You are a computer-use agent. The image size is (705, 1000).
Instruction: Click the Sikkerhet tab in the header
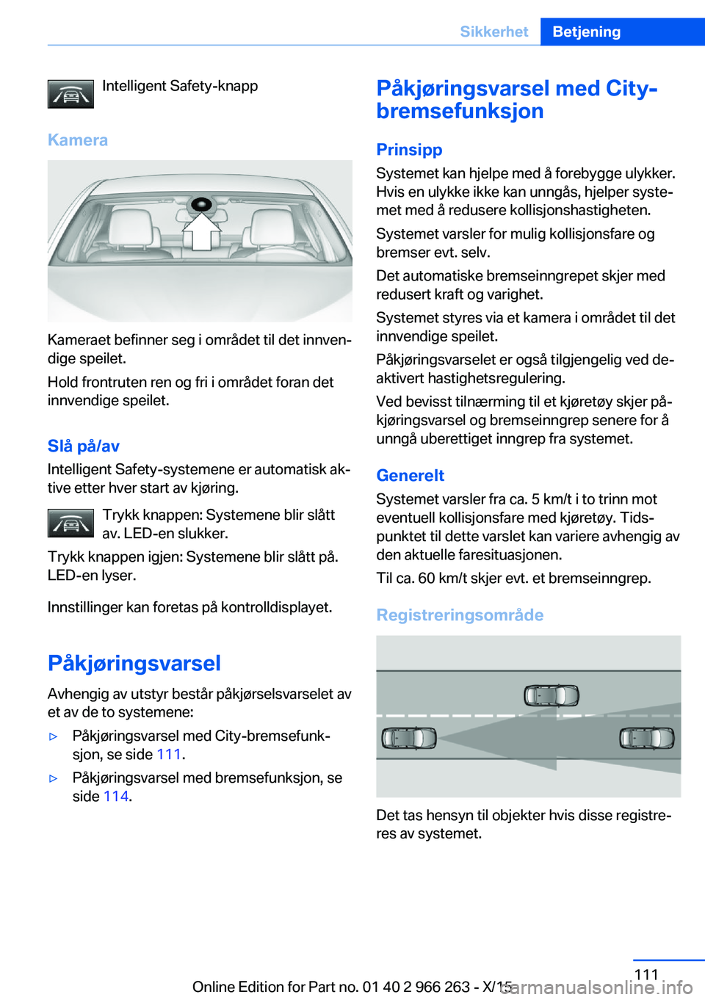coord(493,32)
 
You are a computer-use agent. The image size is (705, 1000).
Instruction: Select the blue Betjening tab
coord(586,32)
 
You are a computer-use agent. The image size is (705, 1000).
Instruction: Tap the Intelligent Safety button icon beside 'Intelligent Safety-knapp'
coord(70,94)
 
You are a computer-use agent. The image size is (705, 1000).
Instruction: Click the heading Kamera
coord(78,140)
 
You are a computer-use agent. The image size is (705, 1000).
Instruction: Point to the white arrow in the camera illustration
coord(201,232)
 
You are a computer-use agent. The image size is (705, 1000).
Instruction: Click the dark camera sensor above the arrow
coord(200,205)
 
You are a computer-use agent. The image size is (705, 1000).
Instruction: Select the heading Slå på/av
coord(83,446)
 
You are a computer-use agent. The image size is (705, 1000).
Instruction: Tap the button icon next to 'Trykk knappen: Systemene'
coord(70,523)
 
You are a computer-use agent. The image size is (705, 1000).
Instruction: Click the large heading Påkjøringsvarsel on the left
coord(134,663)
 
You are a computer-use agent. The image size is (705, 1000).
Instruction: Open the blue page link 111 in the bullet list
coord(169,754)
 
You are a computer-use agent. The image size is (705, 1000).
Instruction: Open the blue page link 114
coord(116,796)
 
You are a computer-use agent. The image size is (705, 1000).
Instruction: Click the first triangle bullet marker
coord(53,736)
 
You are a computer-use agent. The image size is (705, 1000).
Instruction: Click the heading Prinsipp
coord(409,150)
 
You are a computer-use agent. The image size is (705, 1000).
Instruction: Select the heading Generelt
coord(410,476)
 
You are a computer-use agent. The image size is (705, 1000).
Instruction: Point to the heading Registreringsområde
coord(460,615)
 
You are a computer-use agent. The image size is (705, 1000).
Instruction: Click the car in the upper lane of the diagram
coord(552,695)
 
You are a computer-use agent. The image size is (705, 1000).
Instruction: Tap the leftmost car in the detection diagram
coord(409,737)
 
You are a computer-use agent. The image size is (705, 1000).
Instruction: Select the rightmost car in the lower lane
coord(646,737)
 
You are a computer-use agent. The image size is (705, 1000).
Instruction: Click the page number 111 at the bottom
coord(646,974)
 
